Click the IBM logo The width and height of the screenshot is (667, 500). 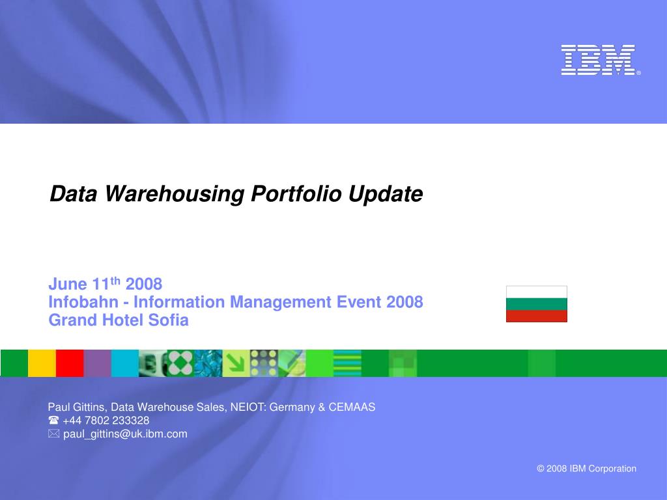600,60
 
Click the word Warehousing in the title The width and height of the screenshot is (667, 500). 175,194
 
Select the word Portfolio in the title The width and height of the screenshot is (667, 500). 296,194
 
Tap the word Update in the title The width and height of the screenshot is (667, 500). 386,194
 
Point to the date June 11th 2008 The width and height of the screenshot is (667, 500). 105,284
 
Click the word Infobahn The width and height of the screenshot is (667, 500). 83,302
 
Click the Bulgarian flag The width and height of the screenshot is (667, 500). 537,304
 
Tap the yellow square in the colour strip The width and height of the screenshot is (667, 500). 42,363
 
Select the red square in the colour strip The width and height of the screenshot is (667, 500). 70,363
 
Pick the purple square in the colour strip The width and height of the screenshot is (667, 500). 98,363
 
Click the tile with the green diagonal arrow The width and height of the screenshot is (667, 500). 236,363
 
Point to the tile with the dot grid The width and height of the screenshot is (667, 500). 264,363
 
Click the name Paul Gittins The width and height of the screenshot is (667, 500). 76,408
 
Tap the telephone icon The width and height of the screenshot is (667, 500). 53,421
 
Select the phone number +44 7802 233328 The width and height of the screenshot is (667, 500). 106,421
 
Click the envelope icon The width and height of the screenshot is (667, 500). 53,434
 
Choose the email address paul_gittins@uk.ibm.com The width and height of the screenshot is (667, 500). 125,434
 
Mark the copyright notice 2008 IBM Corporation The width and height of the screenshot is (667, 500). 587,469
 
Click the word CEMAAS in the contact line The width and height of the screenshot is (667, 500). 352,408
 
